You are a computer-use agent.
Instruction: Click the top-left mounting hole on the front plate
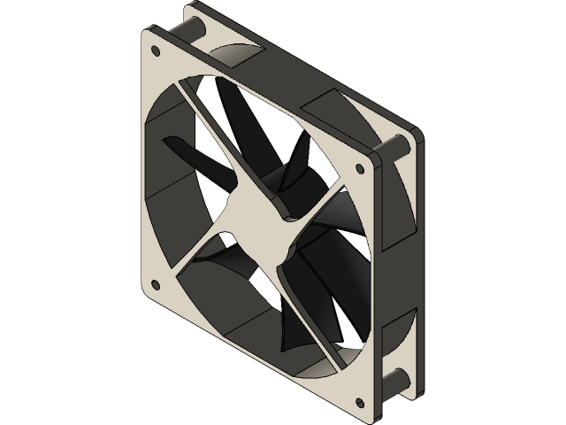click(157, 38)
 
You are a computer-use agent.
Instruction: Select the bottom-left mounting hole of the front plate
click(157, 285)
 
